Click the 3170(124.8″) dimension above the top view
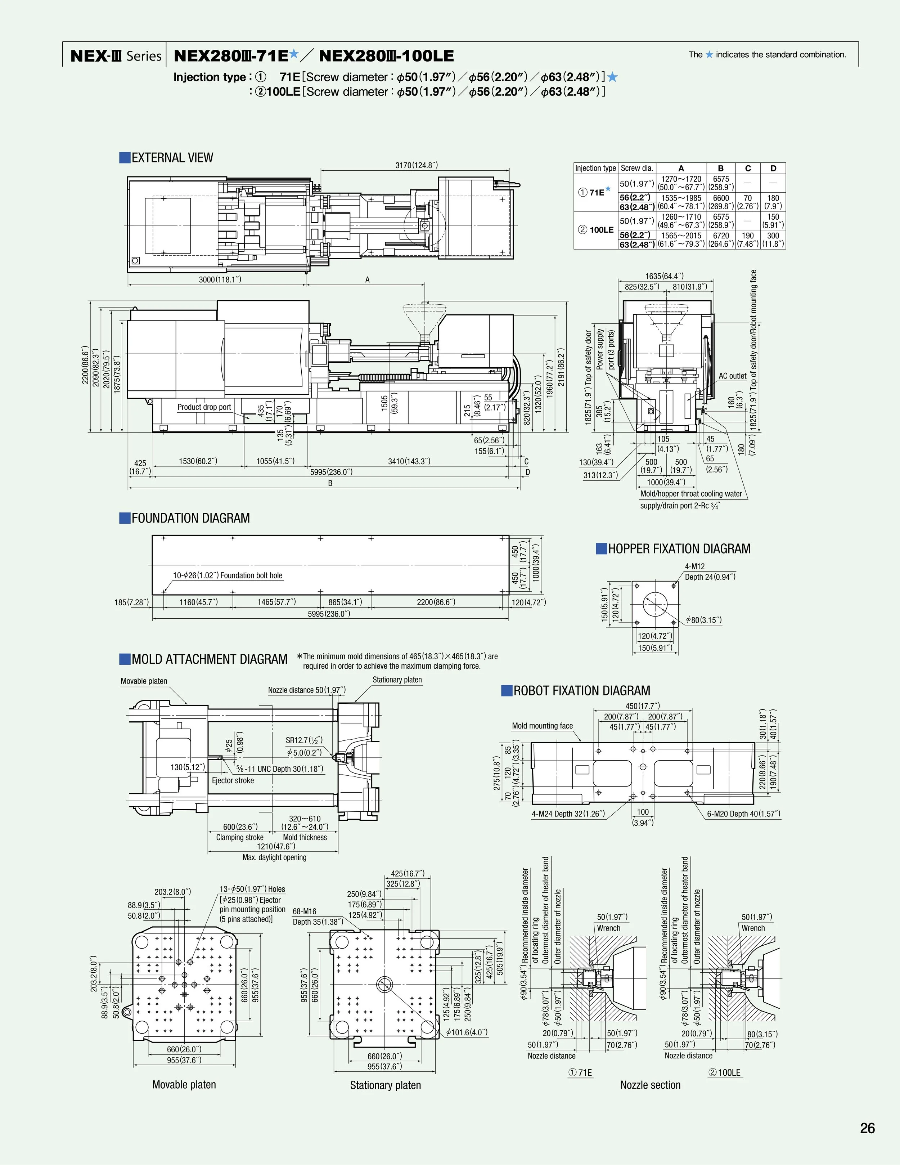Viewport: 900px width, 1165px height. coord(417,165)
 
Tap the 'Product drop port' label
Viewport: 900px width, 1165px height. coord(204,407)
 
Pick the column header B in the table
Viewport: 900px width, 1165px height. coord(721,168)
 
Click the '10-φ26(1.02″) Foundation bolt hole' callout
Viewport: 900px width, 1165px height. coord(228,575)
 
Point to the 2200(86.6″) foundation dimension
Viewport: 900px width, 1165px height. coord(436,602)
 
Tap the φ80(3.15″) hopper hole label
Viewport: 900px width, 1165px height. coord(704,620)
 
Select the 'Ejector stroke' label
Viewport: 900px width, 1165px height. coord(233,780)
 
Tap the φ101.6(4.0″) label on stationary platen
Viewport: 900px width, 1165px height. coord(467,1032)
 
